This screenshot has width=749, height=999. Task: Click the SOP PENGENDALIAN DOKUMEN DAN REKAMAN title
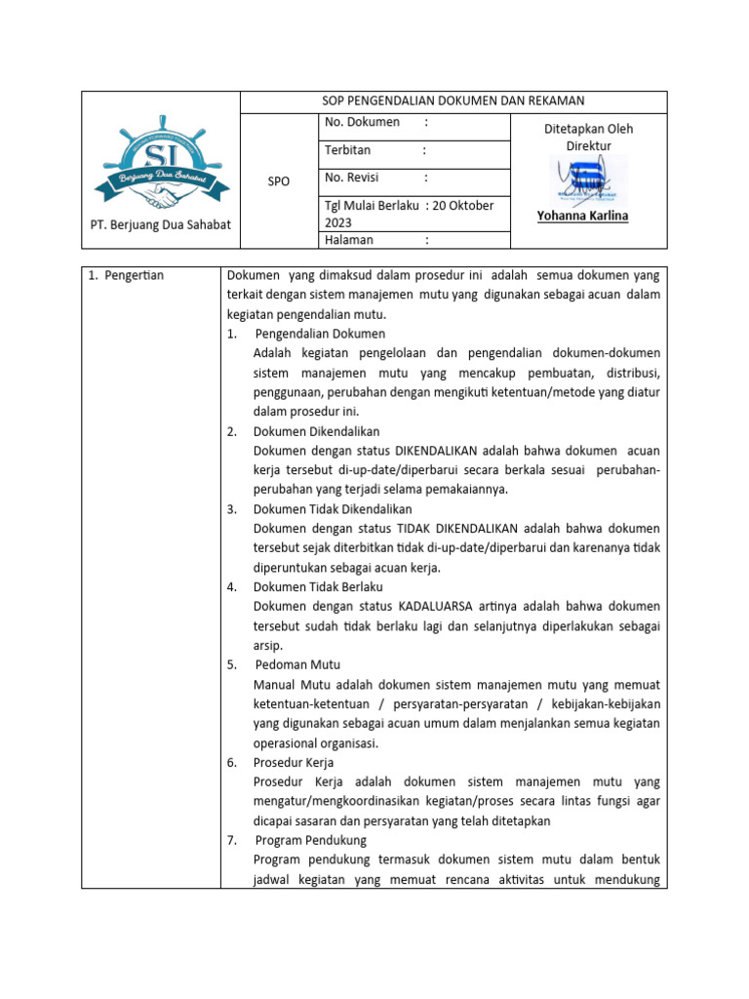(453, 101)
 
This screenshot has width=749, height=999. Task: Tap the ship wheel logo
(161, 165)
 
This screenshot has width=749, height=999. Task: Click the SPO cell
(278, 181)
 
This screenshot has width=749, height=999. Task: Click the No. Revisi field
(353, 178)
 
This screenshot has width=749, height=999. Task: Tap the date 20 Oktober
(463, 206)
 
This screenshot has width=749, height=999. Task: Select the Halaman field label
(349, 239)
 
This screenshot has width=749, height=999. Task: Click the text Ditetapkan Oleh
(588, 128)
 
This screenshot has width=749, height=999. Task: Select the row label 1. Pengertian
(127, 275)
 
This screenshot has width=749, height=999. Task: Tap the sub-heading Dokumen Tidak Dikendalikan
(333, 509)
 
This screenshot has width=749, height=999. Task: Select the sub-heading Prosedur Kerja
(294, 763)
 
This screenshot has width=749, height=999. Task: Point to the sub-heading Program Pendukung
(310, 840)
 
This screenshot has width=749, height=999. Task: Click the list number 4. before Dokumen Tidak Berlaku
(232, 587)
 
